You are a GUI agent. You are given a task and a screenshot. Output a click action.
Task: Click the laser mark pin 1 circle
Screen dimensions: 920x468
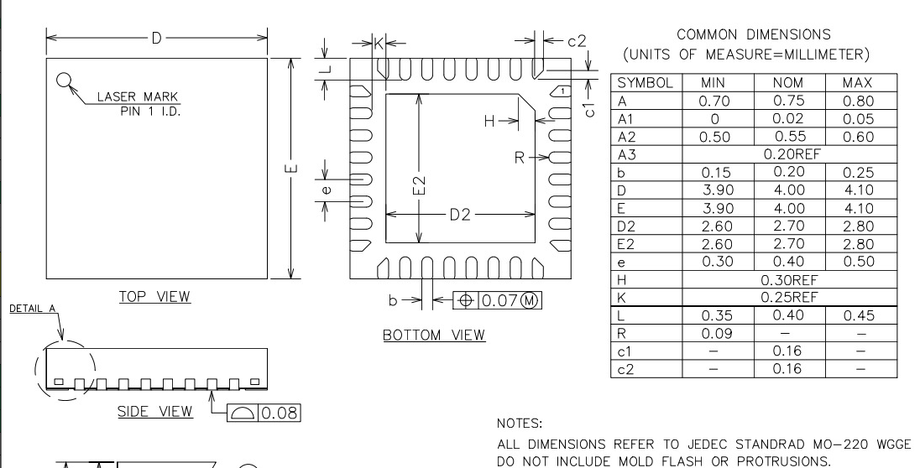click(63, 80)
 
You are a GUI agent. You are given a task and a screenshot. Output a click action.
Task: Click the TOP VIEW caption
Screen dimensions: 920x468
click(155, 297)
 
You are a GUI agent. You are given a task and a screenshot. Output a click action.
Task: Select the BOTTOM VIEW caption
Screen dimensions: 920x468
click(434, 335)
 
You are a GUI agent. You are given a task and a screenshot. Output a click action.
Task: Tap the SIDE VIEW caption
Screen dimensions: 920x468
click(155, 412)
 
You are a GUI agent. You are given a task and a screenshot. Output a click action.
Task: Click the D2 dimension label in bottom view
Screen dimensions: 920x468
click(460, 215)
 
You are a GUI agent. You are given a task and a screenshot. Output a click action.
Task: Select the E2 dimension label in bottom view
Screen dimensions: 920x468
click(419, 185)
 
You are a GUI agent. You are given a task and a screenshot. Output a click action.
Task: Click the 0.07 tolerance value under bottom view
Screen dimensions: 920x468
click(499, 301)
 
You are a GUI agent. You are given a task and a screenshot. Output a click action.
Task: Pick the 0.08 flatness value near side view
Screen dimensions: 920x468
click(280, 413)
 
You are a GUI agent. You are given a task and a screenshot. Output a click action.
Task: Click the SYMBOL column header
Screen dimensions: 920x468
click(645, 83)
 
